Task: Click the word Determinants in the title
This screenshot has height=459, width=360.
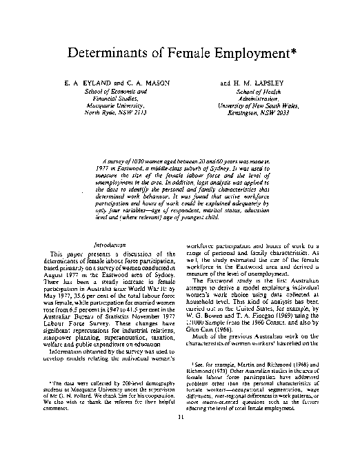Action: click(x=111, y=53)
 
